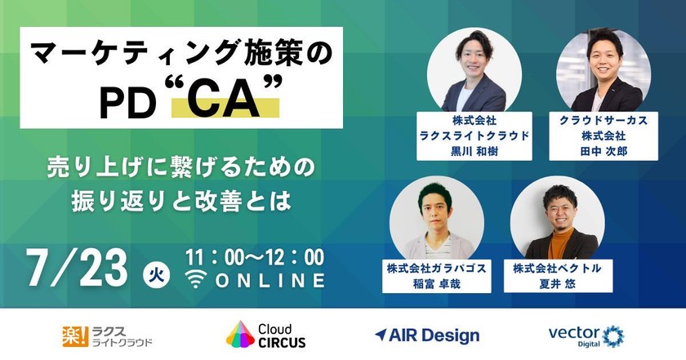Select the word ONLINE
pyautogui.click(x=270, y=281)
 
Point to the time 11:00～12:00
pyautogui.click(x=255, y=257)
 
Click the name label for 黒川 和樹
pyautogui.click(x=473, y=135)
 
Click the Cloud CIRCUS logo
pyautogui.click(x=266, y=335)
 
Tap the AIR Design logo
pyautogui.click(x=426, y=335)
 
